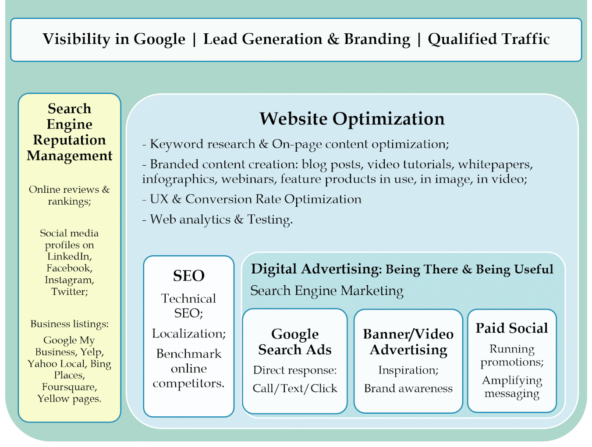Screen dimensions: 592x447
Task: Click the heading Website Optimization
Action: (352, 119)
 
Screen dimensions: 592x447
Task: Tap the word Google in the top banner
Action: (160, 39)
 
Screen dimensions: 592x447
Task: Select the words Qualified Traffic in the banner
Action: (489, 39)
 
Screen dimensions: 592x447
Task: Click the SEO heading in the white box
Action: (188, 276)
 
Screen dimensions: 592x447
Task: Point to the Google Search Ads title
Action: (295, 342)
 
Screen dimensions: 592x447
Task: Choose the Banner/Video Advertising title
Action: (408, 342)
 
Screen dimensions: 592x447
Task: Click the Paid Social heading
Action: (512, 328)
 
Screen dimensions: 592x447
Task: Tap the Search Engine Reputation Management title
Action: (69, 132)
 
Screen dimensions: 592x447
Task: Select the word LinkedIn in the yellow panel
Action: (69, 256)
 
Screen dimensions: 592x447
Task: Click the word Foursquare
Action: (69, 387)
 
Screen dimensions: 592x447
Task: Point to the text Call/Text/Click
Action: (295, 389)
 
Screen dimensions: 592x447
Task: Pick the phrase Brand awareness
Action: (408, 389)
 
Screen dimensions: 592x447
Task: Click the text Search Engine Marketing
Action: (326, 291)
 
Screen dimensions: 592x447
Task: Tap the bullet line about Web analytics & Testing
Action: (217, 220)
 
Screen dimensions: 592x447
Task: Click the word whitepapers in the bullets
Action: (496, 164)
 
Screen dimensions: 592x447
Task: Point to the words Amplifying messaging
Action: (512, 387)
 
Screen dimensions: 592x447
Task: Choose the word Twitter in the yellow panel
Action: (70, 291)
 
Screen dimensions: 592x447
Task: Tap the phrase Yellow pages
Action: (69, 399)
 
